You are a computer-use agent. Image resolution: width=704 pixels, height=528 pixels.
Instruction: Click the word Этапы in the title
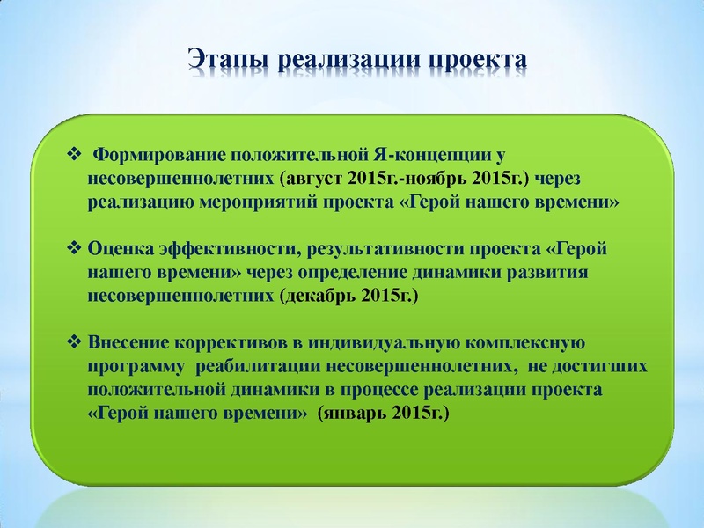[x=228, y=59]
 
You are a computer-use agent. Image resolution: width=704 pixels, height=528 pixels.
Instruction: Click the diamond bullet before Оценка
[x=74, y=249]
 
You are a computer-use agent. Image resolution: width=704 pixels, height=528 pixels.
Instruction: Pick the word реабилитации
[x=260, y=365]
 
